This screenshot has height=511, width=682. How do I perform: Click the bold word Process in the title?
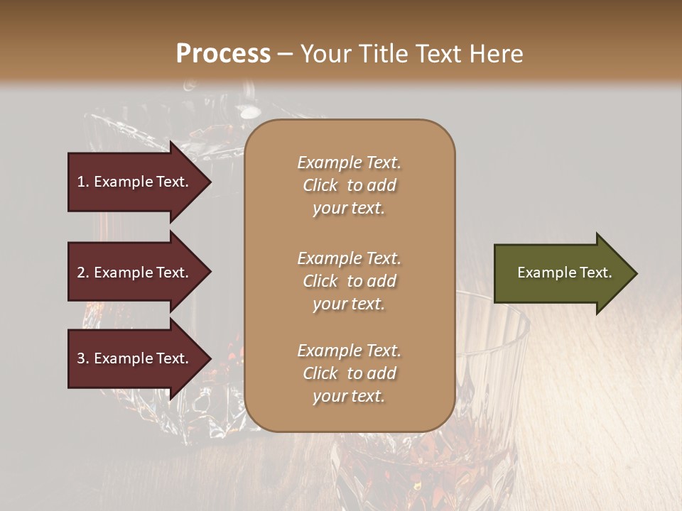223,54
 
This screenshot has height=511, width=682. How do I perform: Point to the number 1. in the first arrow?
83,182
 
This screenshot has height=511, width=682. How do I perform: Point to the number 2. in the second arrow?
83,273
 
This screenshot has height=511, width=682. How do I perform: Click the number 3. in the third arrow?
83,358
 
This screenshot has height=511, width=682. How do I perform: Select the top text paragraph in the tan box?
349,185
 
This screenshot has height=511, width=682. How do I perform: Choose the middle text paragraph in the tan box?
349,281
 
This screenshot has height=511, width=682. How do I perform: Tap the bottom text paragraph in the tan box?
349,373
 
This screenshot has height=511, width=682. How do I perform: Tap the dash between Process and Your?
285,55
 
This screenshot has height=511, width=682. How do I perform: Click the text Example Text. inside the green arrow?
565,273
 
